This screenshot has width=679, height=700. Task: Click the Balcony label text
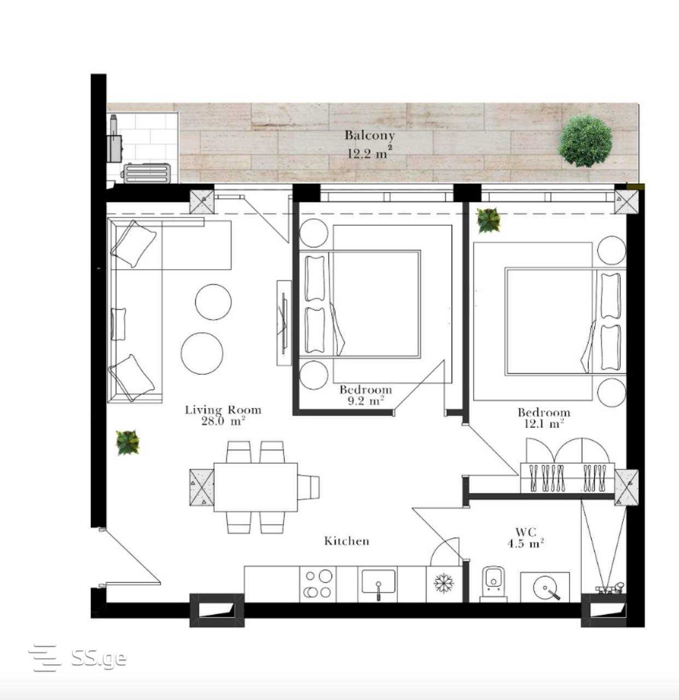pos(370,136)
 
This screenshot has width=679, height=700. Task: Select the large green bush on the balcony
pos(585,141)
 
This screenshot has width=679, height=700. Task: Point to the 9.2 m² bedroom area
pos(366,400)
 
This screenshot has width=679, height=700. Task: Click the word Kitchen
pos(347,541)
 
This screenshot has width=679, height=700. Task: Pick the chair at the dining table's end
pos(308,487)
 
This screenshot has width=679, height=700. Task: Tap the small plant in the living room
pos(127,442)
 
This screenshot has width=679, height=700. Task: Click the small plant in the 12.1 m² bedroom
pos(488,220)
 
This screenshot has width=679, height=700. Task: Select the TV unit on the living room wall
pos(284,323)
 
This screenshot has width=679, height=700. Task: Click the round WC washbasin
pos(545,589)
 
